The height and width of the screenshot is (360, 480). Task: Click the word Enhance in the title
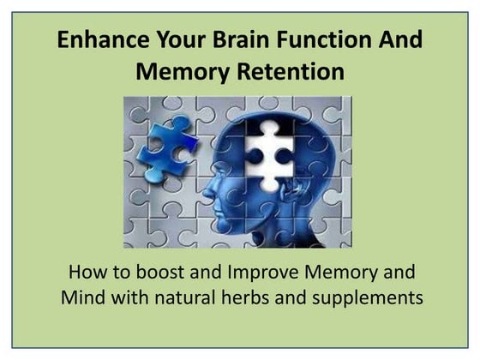tap(96, 40)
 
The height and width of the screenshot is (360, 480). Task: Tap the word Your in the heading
tap(172, 40)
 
